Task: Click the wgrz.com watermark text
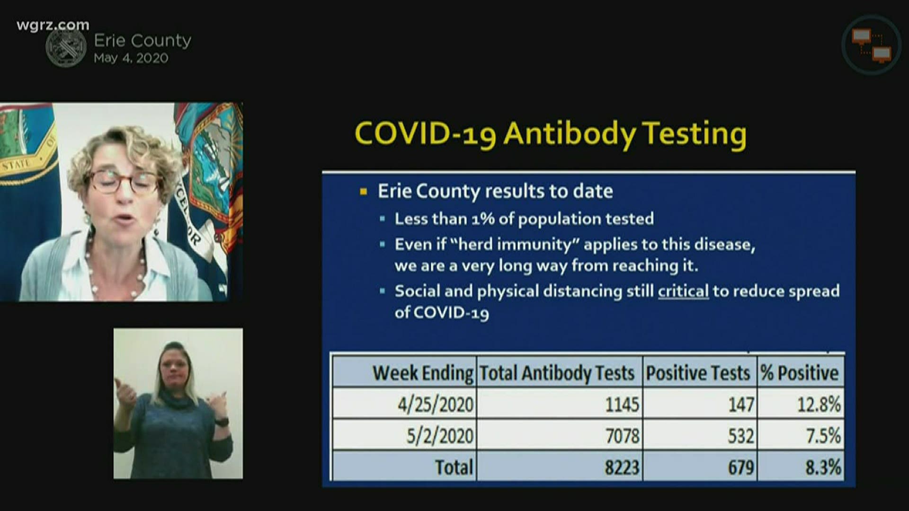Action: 53,25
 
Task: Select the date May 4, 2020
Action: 131,58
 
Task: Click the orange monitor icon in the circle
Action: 871,45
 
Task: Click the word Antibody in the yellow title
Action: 570,134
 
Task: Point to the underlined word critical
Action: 683,291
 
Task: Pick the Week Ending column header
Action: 423,373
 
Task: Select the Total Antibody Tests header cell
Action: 557,373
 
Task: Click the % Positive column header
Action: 800,373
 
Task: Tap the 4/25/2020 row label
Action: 435,405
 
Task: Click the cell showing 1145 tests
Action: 622,405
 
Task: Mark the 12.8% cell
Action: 819,405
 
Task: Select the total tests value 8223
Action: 622,467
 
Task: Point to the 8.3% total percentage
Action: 823,467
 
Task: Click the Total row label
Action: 454,467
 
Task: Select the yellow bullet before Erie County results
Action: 364,192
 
